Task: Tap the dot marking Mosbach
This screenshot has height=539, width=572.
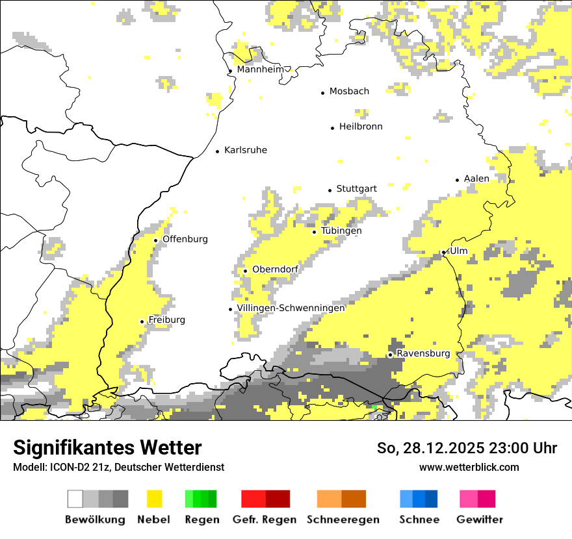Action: click(x=322, y=93)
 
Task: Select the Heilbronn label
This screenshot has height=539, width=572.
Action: click(x=361, y=127)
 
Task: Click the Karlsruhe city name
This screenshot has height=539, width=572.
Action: click(x=245, y=150)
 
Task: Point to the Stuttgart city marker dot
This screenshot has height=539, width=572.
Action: click(x=330, y=190)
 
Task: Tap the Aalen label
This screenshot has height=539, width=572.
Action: click(x=476, y=179)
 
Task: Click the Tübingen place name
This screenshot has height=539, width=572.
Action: click(x=341, y=231)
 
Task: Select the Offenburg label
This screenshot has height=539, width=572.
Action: click(x=185, y=239)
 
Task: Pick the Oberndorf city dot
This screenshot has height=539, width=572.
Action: click(x=245, y=271)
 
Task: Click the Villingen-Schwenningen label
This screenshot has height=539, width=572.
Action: click(x=291, y=308)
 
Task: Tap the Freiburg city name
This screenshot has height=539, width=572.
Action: click(x=166, y=320)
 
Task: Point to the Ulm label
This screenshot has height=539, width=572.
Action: click(x=458, y=251)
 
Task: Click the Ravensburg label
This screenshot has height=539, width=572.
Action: click(x=422, y=353)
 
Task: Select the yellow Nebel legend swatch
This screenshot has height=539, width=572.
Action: click(x=154, y=499)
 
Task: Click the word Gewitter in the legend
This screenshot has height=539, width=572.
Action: click(x=479, y=520)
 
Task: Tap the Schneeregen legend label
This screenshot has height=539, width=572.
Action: click(x=343, y=520)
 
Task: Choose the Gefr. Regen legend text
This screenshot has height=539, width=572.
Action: click(x=264, y=520)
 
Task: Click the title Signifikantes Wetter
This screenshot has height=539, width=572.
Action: click(x=107, y=447)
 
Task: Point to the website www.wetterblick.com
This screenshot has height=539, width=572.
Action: click(x=469, y=467)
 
